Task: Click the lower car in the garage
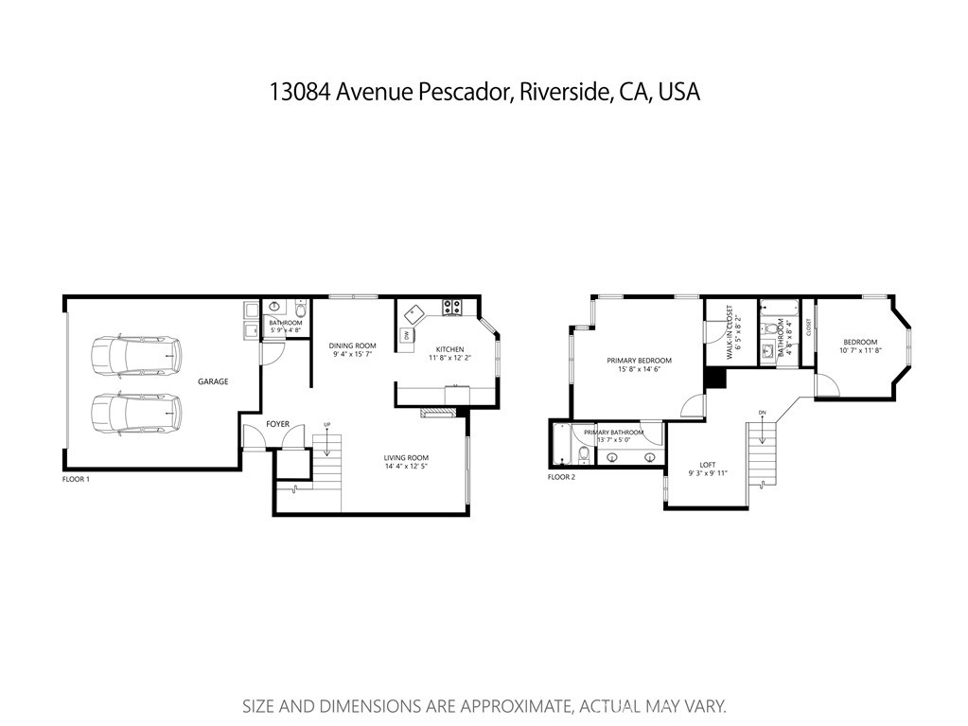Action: pos(135,413)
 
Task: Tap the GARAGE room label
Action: pos(213,381)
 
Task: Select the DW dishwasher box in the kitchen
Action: pos(407,335)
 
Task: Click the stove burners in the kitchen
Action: pos(453,307)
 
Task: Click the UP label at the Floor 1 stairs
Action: pos(327,423)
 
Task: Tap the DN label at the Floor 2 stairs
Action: pos(762,413)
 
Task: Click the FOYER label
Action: pos(277,424)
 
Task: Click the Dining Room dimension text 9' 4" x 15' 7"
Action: pos(353,355)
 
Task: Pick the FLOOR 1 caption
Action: pos(76,480)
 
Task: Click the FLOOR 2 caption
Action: pos(561,477)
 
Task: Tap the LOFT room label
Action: pos(708,465)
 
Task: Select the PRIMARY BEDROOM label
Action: pos(639,361)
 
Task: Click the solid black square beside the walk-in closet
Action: pos(714,378)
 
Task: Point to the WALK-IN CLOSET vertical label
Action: pos(730,330)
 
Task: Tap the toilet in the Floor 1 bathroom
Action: pos(299,310)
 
